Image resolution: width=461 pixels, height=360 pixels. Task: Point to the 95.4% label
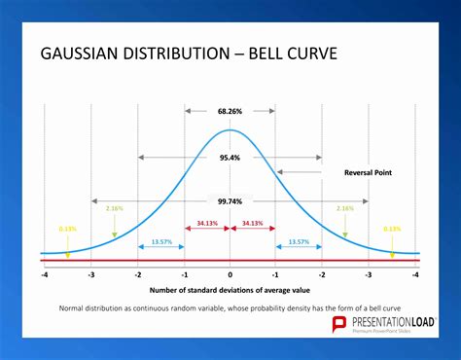tap(230, 157)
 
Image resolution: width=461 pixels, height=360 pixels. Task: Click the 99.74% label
tap(230, 201)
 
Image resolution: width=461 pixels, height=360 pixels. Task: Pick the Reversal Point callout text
tap(368, 172)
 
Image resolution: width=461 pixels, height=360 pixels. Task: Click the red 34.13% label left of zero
tap(206, 223)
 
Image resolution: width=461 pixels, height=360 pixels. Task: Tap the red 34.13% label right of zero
tap(253, 223)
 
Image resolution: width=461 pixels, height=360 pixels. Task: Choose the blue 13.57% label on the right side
tap(299, 241)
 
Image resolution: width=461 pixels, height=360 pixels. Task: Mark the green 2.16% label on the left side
tap(114, 208)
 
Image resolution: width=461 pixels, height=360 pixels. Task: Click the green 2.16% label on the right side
tap(344, 208)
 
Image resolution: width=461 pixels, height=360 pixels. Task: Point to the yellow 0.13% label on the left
tap(67, 229)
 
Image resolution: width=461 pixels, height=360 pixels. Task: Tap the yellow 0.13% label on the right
tap(392, 229)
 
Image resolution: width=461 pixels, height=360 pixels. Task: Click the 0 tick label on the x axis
tap(230, 275)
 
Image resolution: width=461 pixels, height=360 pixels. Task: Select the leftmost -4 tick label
tap(44, 275)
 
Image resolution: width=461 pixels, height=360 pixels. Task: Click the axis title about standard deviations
tap(230, 290)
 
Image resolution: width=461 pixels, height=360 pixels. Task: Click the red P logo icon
tap(339, 324)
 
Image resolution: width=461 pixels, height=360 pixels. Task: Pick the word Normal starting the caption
tap(75, 307)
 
